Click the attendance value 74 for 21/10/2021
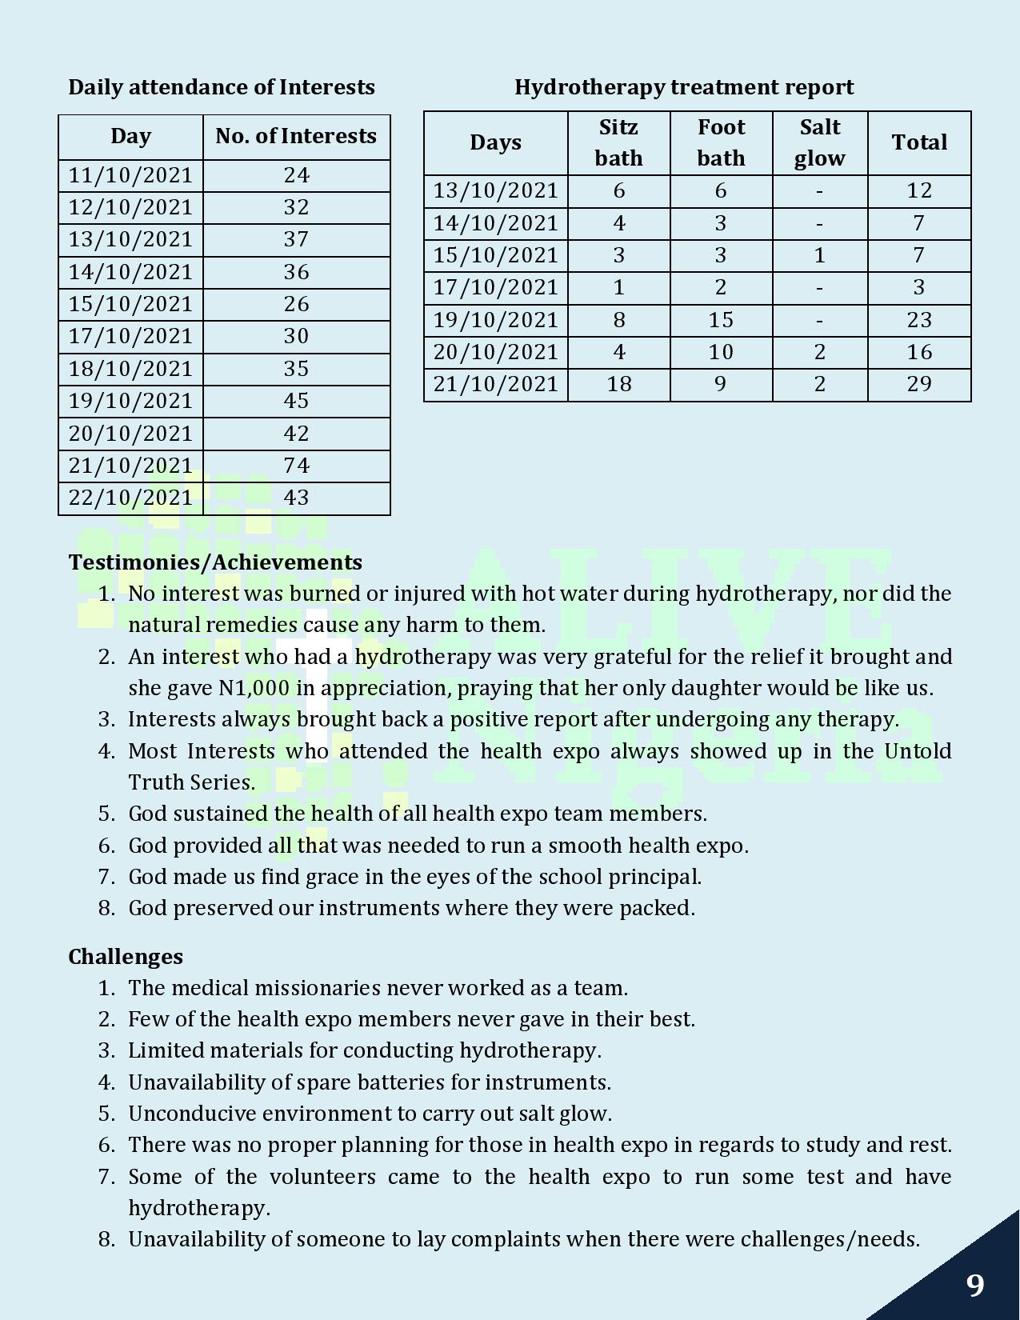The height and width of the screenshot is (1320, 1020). tap(296, 466)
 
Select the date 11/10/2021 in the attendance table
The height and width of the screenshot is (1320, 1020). tap(130, 175)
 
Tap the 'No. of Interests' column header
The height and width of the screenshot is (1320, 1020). tap(296, 136)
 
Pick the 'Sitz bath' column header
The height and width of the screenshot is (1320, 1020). tap(618, 142)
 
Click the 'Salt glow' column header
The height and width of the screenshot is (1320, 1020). tap(819, 142)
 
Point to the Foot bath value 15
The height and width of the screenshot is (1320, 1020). tap(721, 320)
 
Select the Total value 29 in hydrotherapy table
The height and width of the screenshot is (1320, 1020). tap(919, 384)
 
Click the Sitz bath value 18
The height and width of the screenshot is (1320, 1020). tap(618, 384)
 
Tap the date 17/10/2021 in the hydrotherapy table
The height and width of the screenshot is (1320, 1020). tap(495, 287)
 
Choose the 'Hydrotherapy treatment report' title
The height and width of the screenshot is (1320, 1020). tap(684, 87)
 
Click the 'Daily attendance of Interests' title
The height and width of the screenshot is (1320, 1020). tap(222, 87)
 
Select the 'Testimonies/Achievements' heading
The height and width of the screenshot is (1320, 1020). tap(215, 562)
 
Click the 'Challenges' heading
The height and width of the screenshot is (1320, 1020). tap(126, 957)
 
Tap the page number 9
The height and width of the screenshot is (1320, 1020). tap(974, 1286)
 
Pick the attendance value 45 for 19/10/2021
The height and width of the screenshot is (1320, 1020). tap(296, 401)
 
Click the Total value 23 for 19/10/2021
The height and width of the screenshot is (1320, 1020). tap(919, 320)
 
